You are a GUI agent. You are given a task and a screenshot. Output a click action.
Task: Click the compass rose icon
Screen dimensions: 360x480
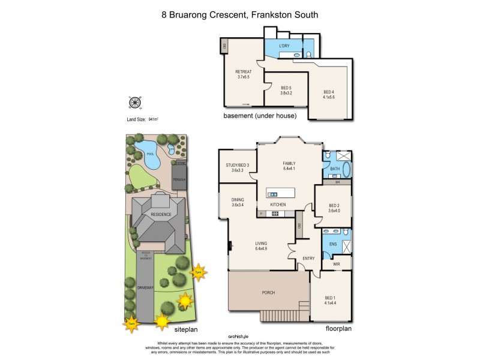pyautogui.click(x=134, y=103)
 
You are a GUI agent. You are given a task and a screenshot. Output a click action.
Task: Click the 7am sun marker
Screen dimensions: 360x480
pyautogui.click(x=131, y=324)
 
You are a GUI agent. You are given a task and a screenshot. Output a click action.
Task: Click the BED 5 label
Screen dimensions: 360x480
pyautogui.click(x=286, y=88)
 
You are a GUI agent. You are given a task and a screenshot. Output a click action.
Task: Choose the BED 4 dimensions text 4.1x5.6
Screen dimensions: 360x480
pyautogui.click(x=329, y=97)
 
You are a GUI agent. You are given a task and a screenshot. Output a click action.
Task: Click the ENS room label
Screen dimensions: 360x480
pyautogui.click(x=333, y=244)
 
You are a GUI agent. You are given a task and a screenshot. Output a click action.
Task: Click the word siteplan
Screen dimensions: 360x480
pyautogui.click(x=185, y=329)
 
